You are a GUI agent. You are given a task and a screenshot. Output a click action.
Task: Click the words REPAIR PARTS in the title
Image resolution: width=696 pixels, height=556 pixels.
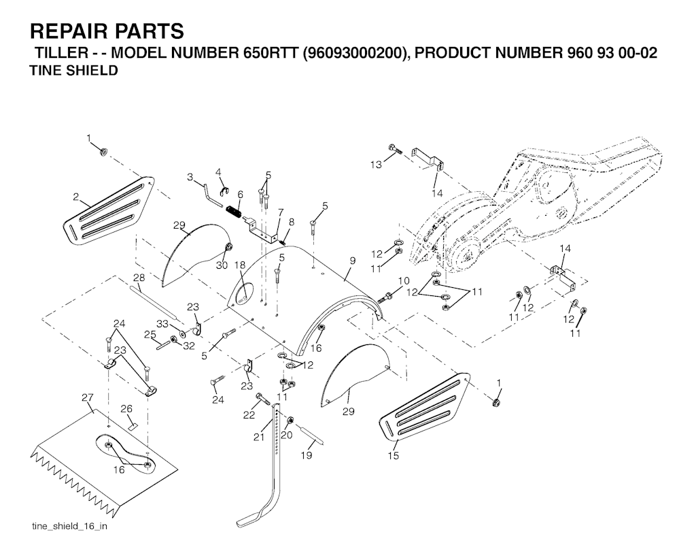coord(107,31)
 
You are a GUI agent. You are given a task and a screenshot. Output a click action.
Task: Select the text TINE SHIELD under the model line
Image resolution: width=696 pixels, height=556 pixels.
coord(74,71)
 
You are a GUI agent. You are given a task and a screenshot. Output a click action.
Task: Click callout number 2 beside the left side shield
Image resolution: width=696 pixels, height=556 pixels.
coord(76,197)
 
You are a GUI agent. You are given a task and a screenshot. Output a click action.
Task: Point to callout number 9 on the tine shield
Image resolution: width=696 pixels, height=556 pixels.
coord(353,260)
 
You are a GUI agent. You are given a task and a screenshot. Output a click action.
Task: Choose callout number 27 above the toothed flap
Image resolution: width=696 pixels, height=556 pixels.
coord(87,397)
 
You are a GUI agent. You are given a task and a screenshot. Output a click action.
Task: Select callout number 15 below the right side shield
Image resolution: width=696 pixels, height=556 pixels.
coord(394,455)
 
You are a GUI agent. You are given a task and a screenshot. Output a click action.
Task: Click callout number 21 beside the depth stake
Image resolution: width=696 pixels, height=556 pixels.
coord(258,437)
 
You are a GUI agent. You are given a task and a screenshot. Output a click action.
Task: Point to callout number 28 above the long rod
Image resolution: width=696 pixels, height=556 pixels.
coord(139,278)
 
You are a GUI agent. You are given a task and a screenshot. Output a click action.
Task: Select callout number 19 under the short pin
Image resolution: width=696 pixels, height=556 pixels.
coord(307,455)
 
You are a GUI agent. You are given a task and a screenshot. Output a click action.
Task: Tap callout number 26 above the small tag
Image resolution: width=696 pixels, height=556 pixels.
coord(126,409)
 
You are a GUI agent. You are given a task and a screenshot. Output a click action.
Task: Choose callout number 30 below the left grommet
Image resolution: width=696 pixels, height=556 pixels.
coord(222,265)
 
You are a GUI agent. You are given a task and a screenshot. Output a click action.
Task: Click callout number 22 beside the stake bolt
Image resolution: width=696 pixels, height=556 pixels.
coord(249,414)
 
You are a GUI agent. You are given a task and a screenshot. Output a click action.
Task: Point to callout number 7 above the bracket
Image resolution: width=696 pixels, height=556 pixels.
coord(279,213)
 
